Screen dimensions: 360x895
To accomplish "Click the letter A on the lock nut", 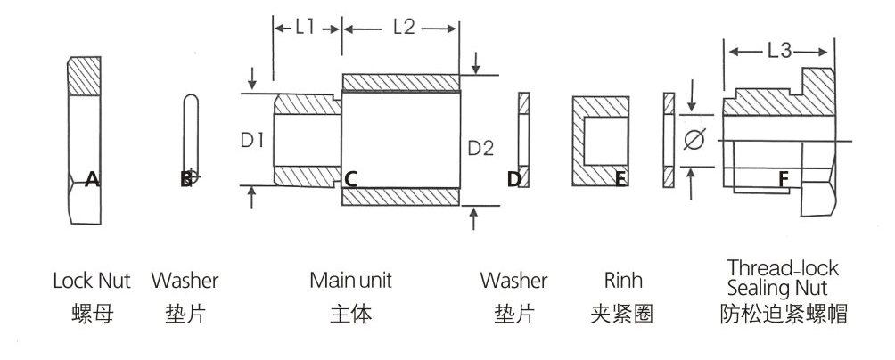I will click(x=91, y=179).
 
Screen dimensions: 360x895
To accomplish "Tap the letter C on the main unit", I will click(x=350, y=179).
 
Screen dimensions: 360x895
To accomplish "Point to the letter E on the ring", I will click(x=620, y=179).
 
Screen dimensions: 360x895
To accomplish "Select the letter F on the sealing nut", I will click(x=783, y=179).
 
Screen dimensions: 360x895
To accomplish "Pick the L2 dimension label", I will click(x=403, y=28).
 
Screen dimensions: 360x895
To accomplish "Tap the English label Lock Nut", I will click(x=91, y=281).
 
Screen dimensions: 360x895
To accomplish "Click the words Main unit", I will click(x=350, y=281).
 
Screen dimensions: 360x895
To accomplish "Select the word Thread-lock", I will click(x=783, y=268).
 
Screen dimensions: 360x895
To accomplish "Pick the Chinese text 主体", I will click(x=350, y=315).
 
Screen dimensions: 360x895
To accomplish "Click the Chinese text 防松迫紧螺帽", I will click(x=783, y=315).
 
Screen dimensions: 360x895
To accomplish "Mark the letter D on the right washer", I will click(x=513, y=179).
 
